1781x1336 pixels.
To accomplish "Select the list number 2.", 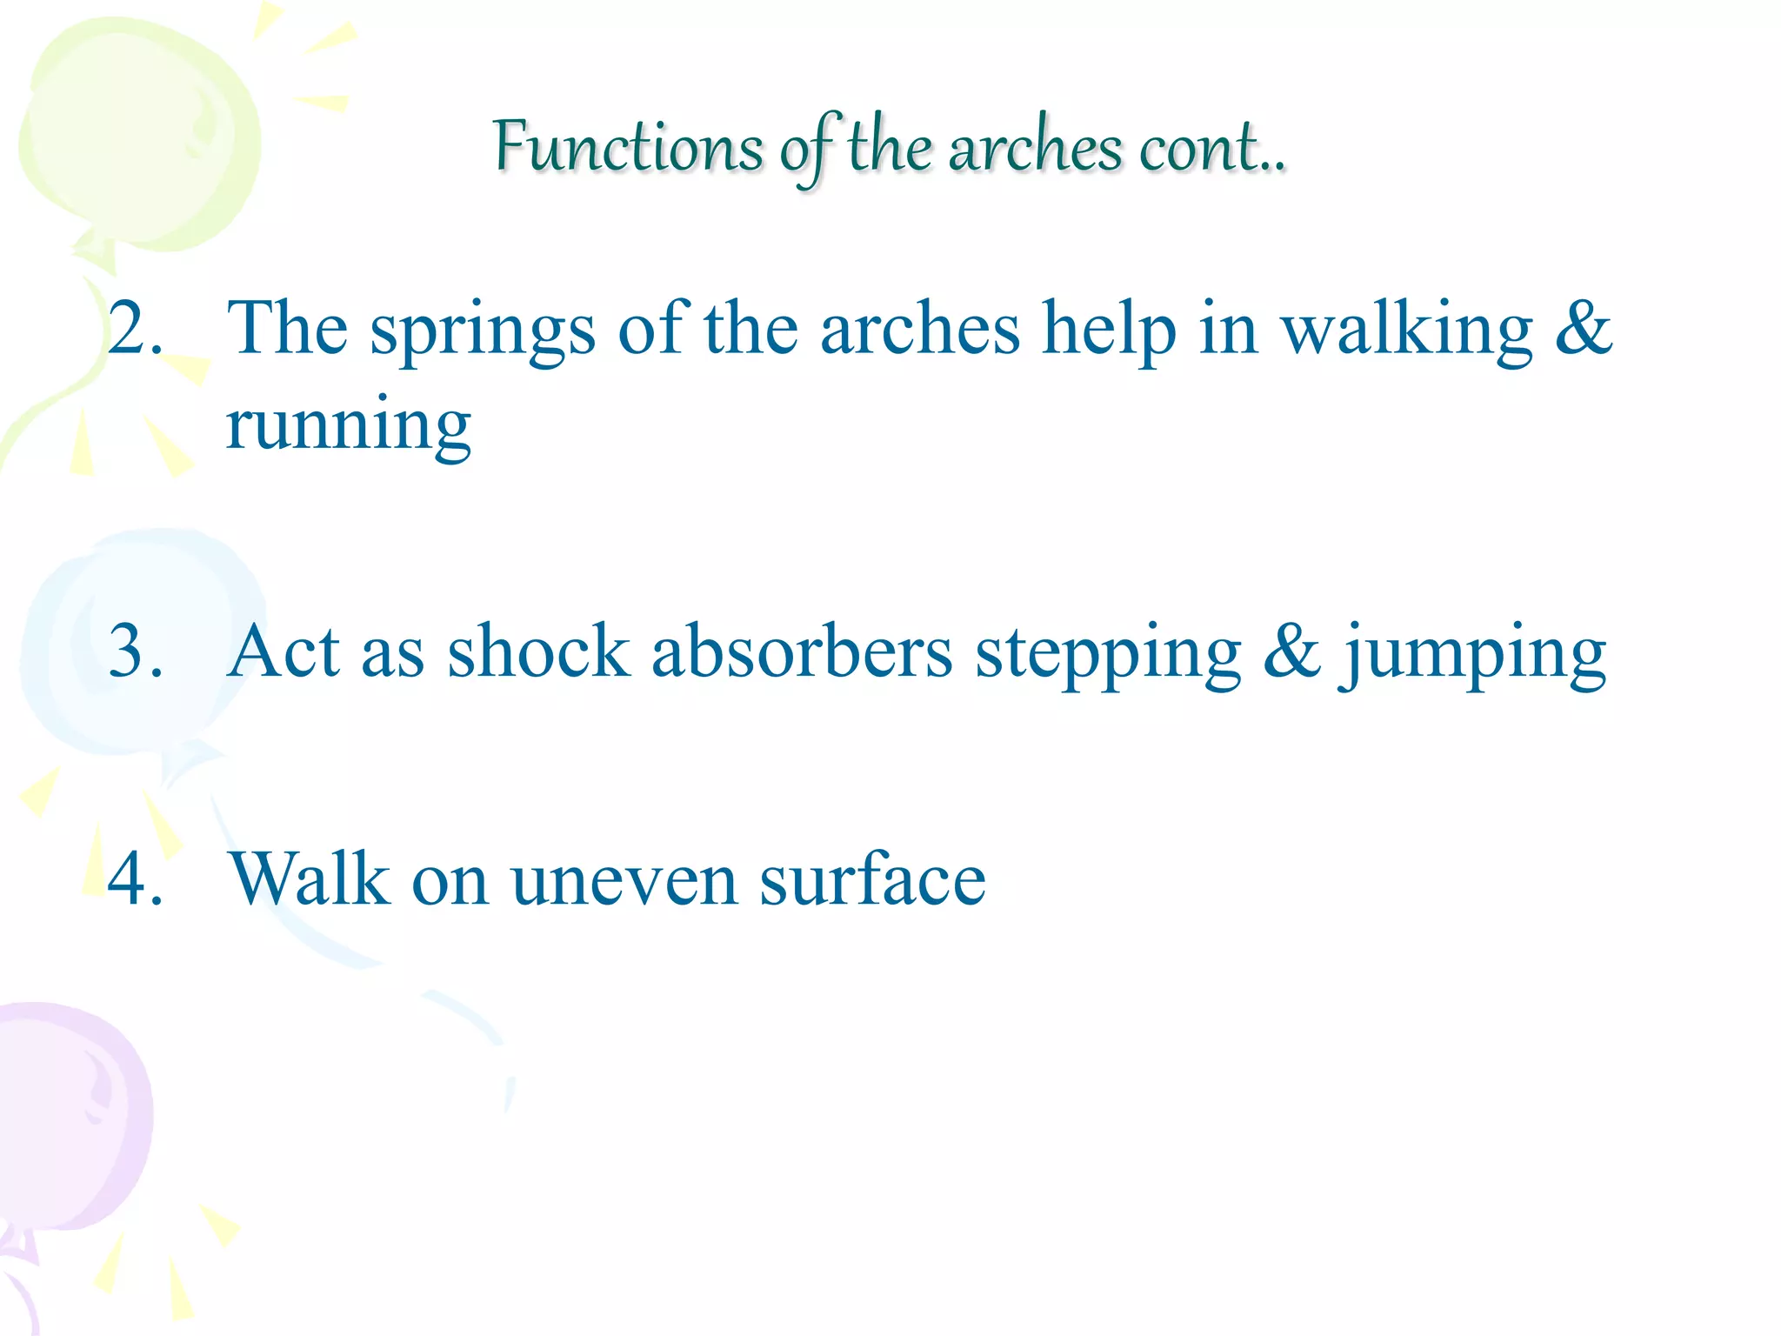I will click(135, 330).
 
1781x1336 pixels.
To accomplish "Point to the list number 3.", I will click(135, 651).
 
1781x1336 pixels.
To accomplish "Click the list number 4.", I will click(135, 878).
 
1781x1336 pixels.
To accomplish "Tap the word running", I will click(348, 426).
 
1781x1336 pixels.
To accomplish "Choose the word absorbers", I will click(802, 651).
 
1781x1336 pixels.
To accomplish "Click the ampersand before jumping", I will click(1292, 651).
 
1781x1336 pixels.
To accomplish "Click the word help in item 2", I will click(1109, 331).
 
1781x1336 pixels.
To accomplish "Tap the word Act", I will click(283, 651).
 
